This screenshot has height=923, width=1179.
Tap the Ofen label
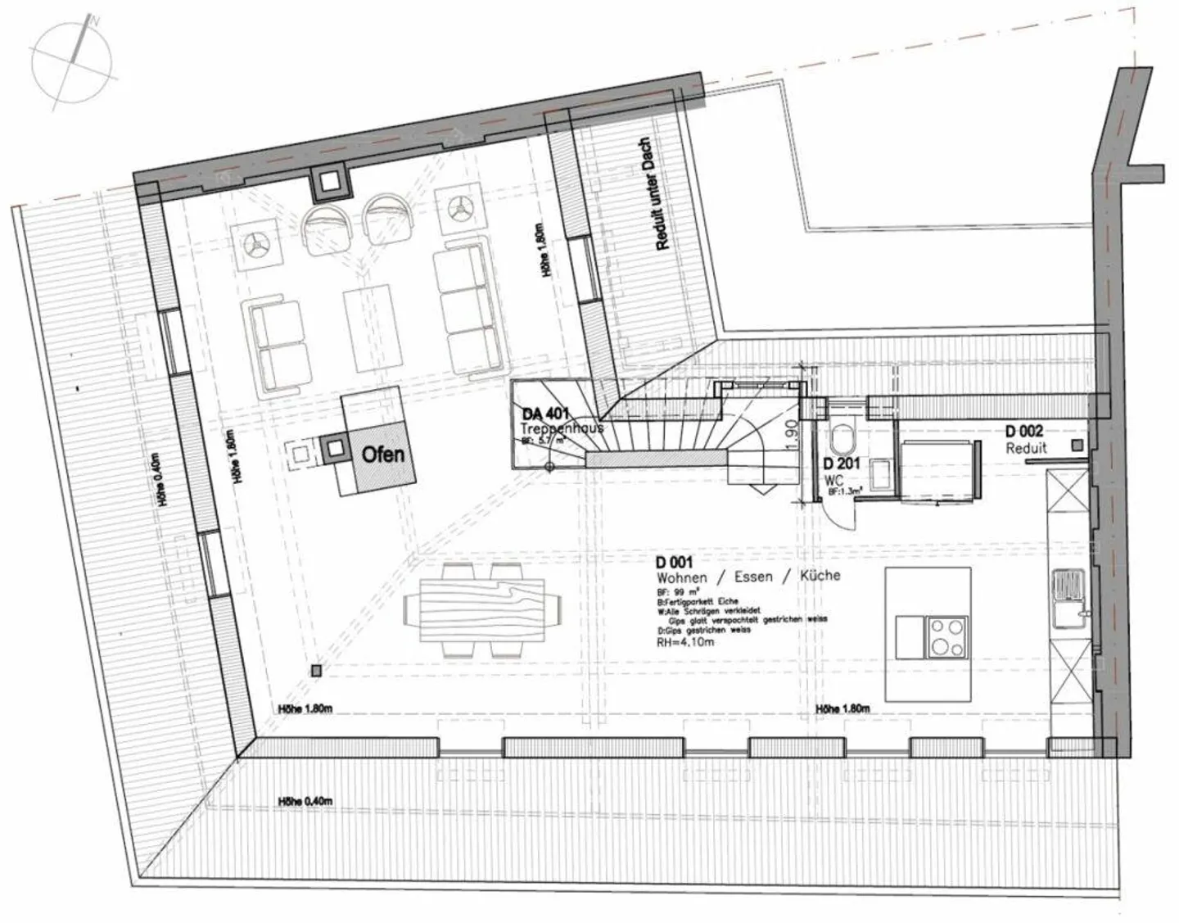pos(382,453)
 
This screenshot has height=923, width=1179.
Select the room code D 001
pos(674,562)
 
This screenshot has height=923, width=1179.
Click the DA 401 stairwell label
pos(545,415)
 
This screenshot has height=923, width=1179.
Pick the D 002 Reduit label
pos(1024,432)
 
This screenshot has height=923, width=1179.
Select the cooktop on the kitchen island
pos(948,637)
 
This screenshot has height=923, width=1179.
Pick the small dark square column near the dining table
pos(316,671)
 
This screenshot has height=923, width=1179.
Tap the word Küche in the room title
pos(820,575)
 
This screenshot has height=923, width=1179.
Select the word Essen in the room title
pos(753,577)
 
